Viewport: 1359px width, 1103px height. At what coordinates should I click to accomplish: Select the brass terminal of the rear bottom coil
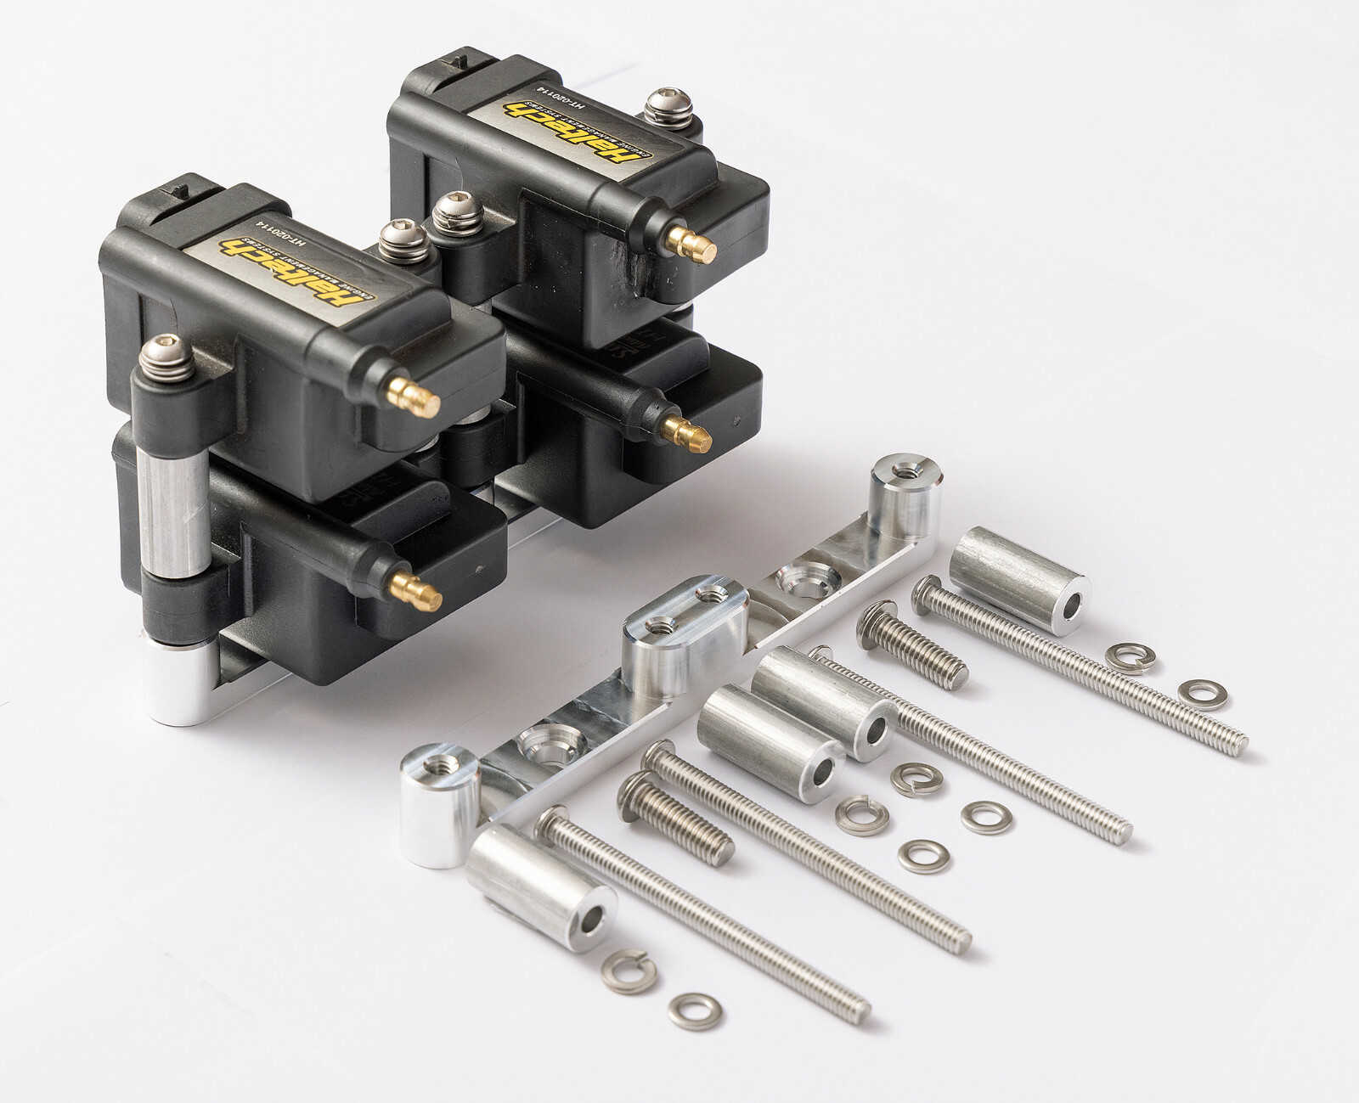click(690, 435)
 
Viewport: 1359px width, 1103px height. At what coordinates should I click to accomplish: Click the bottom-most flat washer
click(696, 1010)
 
